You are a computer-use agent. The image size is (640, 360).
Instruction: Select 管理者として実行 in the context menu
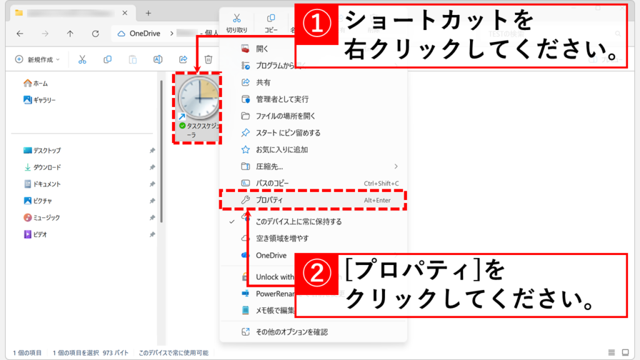coord(282,99)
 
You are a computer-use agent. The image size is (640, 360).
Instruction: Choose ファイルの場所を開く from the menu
coord(286,116)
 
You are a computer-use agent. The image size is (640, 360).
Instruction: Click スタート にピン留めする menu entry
coord(288,133)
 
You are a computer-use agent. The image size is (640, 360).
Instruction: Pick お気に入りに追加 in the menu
coord(282,150)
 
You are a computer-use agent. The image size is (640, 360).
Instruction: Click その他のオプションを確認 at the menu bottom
coord(291,332)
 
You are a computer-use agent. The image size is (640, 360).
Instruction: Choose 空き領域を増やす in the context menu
coord(282,239)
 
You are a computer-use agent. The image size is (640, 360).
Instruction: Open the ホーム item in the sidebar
coord(40,83)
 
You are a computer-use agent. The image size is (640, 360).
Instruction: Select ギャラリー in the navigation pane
coord(44,100)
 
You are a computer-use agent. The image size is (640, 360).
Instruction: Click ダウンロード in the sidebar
coord(47,167)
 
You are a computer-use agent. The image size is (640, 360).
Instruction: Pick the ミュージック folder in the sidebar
coord(47,217)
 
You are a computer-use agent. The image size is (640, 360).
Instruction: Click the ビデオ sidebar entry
coord(40,234)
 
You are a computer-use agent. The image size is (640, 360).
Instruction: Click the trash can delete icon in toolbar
coord(209,59)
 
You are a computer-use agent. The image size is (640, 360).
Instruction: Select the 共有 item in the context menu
coord(263,82)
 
